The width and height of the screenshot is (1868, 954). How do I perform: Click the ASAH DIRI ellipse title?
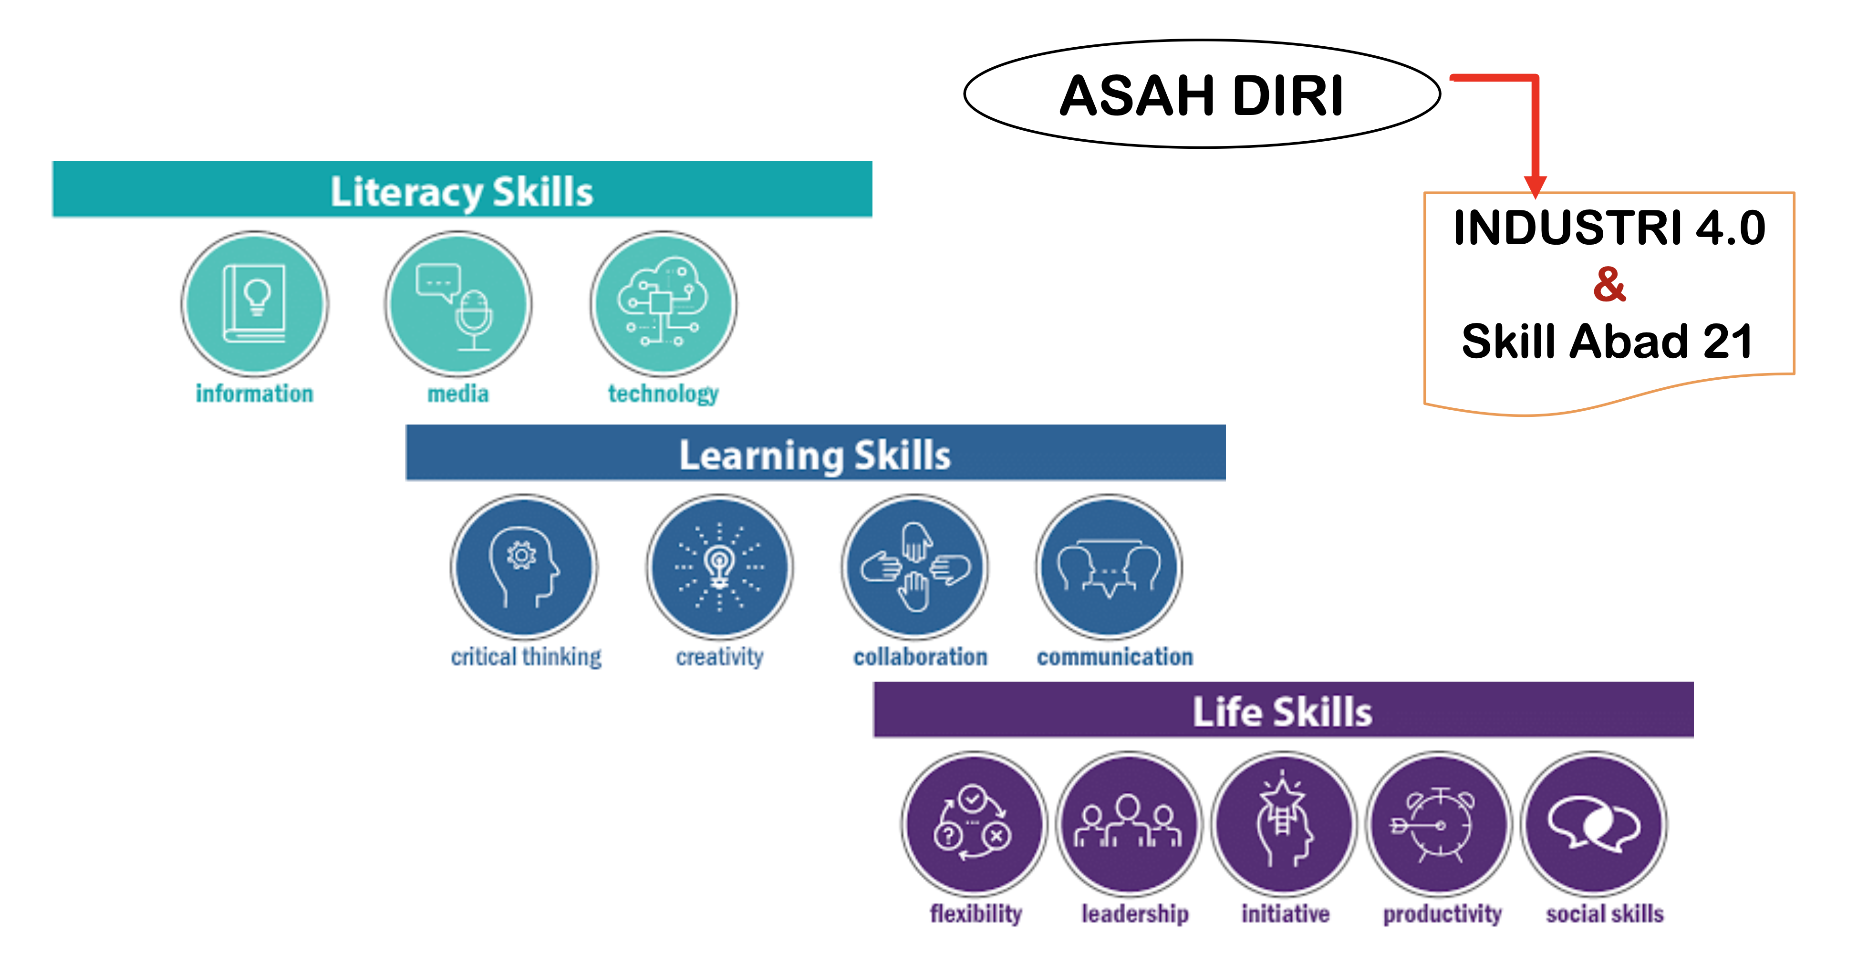(1202, 95)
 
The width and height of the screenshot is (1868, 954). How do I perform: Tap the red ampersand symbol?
(1609, 284)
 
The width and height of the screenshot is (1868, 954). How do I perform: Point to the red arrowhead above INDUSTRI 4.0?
(1535, 187)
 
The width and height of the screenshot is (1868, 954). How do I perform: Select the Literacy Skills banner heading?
(462, 191)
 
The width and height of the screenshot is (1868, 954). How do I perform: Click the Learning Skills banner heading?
(815, 455)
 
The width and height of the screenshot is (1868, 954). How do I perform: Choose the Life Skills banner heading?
(1283, 711)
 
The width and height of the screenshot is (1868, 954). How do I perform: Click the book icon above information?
(255, 304)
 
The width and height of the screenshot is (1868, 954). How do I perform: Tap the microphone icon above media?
(458, 304)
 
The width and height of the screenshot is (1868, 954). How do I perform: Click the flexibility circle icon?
(975, 825)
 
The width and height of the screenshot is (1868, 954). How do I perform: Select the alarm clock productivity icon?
(1439, 825)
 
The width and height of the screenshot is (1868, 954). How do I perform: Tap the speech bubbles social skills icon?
(1594, 825)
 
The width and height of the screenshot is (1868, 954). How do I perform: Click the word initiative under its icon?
(1285, 913)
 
